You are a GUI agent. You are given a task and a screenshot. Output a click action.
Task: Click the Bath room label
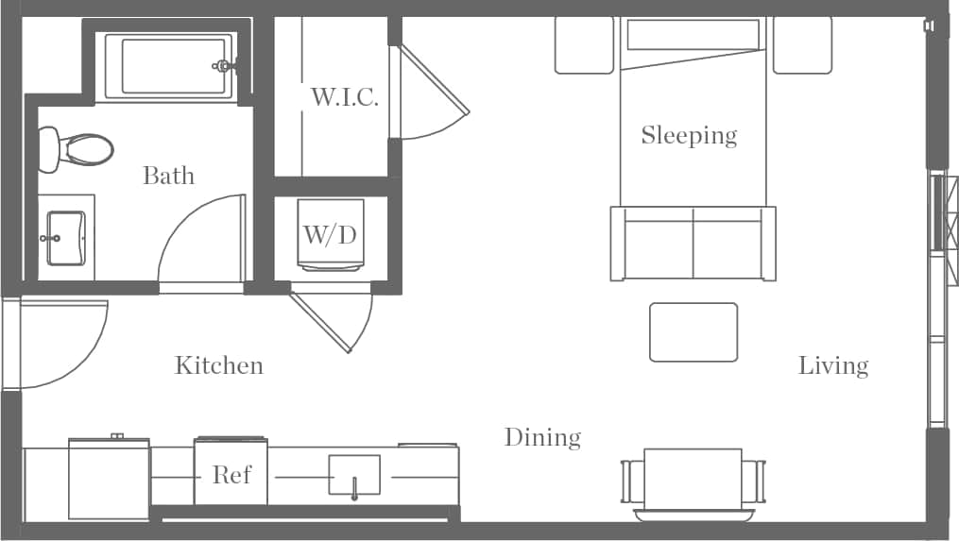point(168,176)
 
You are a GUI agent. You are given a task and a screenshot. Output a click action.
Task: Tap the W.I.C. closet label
point(345,97)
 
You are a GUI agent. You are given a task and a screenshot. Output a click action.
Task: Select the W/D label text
point(330,234)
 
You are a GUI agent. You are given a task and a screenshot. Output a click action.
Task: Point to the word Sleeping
point(689,135)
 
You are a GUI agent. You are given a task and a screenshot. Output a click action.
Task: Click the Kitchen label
point(218,365)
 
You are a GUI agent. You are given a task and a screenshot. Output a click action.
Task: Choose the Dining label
point(542,437)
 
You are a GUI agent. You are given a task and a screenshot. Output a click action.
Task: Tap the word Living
point(832,365)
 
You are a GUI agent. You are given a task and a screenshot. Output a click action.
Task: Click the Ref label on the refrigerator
point(231,474)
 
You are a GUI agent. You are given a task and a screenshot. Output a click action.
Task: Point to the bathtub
point(168,66)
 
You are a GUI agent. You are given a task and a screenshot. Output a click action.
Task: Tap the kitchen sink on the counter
point(354,475)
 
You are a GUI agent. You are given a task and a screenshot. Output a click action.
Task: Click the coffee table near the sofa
point(693,331)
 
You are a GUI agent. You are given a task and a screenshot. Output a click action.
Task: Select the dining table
point(693,480)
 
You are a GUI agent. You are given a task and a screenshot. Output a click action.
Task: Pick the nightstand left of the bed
point(584,44)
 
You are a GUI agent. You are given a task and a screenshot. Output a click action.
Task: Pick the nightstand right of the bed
point(802,44)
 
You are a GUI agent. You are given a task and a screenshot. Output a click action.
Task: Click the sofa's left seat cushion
point(659,250)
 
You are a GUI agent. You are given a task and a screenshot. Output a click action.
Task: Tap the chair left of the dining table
point(631,481)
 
